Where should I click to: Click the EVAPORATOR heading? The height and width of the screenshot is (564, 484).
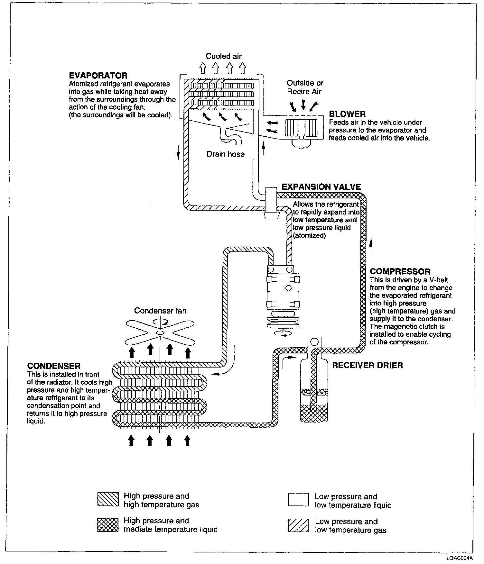(98, 76)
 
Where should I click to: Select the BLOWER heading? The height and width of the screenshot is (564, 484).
(347, 114)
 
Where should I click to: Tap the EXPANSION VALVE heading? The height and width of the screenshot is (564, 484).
(321, 187)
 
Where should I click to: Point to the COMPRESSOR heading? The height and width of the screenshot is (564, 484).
(400, 272)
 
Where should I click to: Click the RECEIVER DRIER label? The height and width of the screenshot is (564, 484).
(367, 365)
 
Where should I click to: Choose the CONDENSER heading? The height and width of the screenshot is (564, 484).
(54, 366)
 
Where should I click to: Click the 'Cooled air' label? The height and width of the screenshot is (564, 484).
(223, 56)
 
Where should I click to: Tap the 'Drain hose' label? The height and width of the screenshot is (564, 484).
(225, 154)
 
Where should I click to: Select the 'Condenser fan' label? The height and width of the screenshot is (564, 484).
(160, 311)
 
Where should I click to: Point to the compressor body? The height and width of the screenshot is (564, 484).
(284, 289)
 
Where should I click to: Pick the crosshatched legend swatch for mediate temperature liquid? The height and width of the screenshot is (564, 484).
(108, 525)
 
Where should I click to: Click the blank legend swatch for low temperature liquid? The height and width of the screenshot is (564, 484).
(299, 500)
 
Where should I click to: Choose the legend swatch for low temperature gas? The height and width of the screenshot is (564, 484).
(299, 525)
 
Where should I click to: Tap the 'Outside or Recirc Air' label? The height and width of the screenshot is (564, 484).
(305, 87)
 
